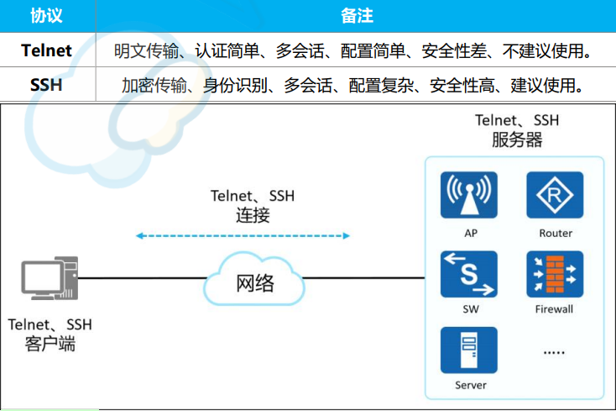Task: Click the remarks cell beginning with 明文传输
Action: coord(353,51)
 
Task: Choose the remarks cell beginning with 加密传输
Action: coord(352,85)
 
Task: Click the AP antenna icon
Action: coord(470,196)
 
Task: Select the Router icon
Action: coord(555,196)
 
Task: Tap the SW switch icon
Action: coord(470,274)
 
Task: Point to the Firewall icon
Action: coord(555,274)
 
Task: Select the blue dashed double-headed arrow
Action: coord(243,236)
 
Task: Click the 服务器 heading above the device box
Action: coord(516,140)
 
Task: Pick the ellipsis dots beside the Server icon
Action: coord(555,353)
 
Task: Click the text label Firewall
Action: coord(554,309)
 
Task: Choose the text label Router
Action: coord(555,233)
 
